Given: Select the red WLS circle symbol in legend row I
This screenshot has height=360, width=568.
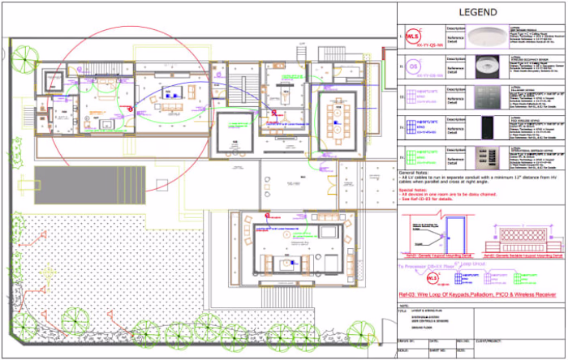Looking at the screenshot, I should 414,36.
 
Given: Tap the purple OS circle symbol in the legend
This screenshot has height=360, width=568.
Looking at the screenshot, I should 412,66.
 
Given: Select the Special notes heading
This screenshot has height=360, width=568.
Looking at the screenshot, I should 414,191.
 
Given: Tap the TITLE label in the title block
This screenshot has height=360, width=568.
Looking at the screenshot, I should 402,309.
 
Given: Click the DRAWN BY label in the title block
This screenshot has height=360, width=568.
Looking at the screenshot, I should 406,341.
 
